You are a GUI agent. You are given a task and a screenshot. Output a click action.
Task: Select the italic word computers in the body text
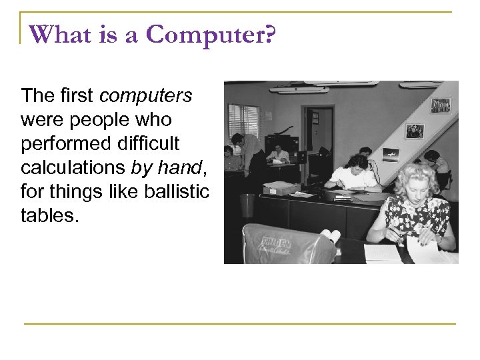145,96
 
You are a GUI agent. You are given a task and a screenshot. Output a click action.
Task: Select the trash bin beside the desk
247,205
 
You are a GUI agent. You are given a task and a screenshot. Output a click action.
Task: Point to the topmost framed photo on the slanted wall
440,105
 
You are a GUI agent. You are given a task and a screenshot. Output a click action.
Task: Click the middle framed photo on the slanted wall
415,131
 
